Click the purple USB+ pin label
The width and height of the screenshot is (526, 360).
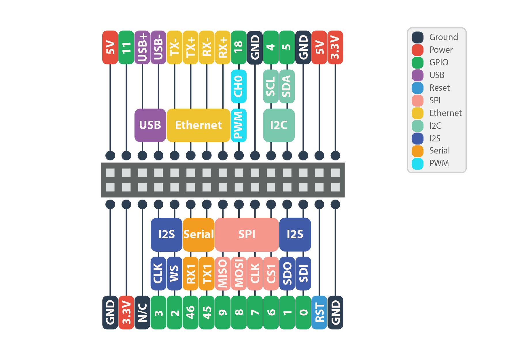tap(142, 48)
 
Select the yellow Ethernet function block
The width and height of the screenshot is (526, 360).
tap(198, 125)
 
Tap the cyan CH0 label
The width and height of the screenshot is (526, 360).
tap(239, 86)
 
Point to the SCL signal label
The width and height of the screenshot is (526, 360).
tap(271, 86)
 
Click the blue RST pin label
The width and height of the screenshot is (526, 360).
tap(319, 312)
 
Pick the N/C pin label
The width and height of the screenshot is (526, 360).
tap(142, 312)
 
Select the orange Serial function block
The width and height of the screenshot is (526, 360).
tap(198, 234)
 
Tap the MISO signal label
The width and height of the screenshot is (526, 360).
tap(223, 274)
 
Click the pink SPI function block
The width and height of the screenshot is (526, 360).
tap(247, 234)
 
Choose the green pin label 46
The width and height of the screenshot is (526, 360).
tap(190, 312)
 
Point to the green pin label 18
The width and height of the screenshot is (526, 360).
tap(239, 48)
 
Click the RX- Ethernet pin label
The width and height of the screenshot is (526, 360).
tap(207, 48)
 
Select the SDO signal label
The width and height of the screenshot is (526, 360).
tap(287, 274)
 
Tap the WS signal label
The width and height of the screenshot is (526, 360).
tap(174, 274)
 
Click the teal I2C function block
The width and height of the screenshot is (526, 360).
tap(279, 125)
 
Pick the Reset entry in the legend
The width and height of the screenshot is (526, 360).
tap(439, 88)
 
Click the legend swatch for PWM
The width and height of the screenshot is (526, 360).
tap(417, 164)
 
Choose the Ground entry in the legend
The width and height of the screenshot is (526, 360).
tap(443, 37)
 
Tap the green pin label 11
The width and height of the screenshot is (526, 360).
tap(126, 48)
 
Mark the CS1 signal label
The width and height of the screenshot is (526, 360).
tap(271, 274)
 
